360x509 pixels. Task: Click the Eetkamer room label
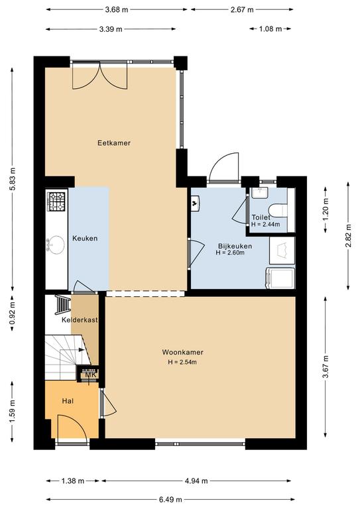[114, 143]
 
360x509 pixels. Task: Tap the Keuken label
[85, 239]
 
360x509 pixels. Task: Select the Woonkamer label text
[183, 352]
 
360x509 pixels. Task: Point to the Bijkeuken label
[235, 246]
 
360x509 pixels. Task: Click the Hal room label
[68, 401]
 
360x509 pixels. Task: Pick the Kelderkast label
[80, 320]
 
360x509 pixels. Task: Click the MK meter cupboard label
[90, 375]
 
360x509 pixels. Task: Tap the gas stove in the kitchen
[56, 201]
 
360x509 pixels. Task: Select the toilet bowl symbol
[279, 210]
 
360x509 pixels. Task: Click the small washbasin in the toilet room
[259, 193]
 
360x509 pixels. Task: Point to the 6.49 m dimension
[170, 500]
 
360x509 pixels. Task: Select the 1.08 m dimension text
[270, 29]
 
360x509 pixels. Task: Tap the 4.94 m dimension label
[196, 481]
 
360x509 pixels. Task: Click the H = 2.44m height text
[266, 224]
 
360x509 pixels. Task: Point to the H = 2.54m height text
[182, 363]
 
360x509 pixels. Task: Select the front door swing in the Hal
[72, 427]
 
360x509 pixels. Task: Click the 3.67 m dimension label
[326, 367]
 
